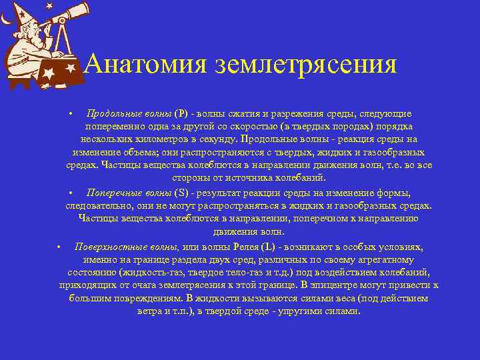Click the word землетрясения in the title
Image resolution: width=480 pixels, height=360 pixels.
(x=306, y=65)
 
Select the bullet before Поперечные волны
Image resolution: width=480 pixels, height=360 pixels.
(x=71, y=193)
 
